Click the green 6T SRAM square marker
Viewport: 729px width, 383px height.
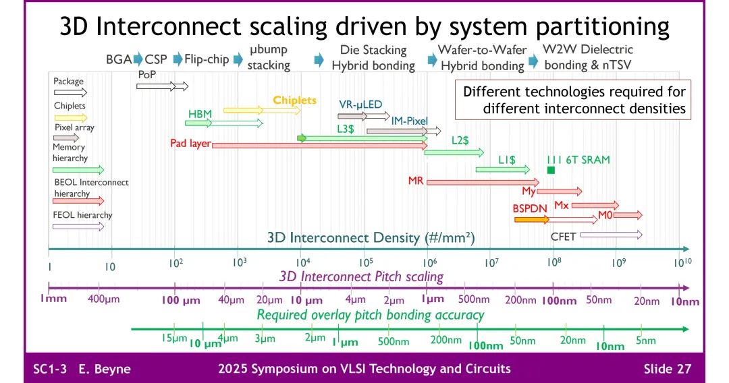pos(551,170)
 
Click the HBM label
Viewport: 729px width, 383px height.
pos(200,114)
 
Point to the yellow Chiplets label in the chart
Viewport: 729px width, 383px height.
pos(294,100)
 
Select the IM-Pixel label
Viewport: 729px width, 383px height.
pos(409,121)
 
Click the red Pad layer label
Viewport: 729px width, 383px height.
pos(190,144)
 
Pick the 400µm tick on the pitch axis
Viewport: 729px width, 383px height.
pos(103,299)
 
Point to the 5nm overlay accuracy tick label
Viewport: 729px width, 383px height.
pos(645,341)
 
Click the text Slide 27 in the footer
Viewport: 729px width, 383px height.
pos(667,369)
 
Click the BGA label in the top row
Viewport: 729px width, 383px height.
pos(119,59)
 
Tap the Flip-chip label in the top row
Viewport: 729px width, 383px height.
pos(207,59)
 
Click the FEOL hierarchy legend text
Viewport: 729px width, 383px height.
pos(82,215)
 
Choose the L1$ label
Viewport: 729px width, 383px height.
pos(507,160)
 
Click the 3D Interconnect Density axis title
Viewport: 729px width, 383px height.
pos(371,237)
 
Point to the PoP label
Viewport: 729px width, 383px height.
pos(147,74)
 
